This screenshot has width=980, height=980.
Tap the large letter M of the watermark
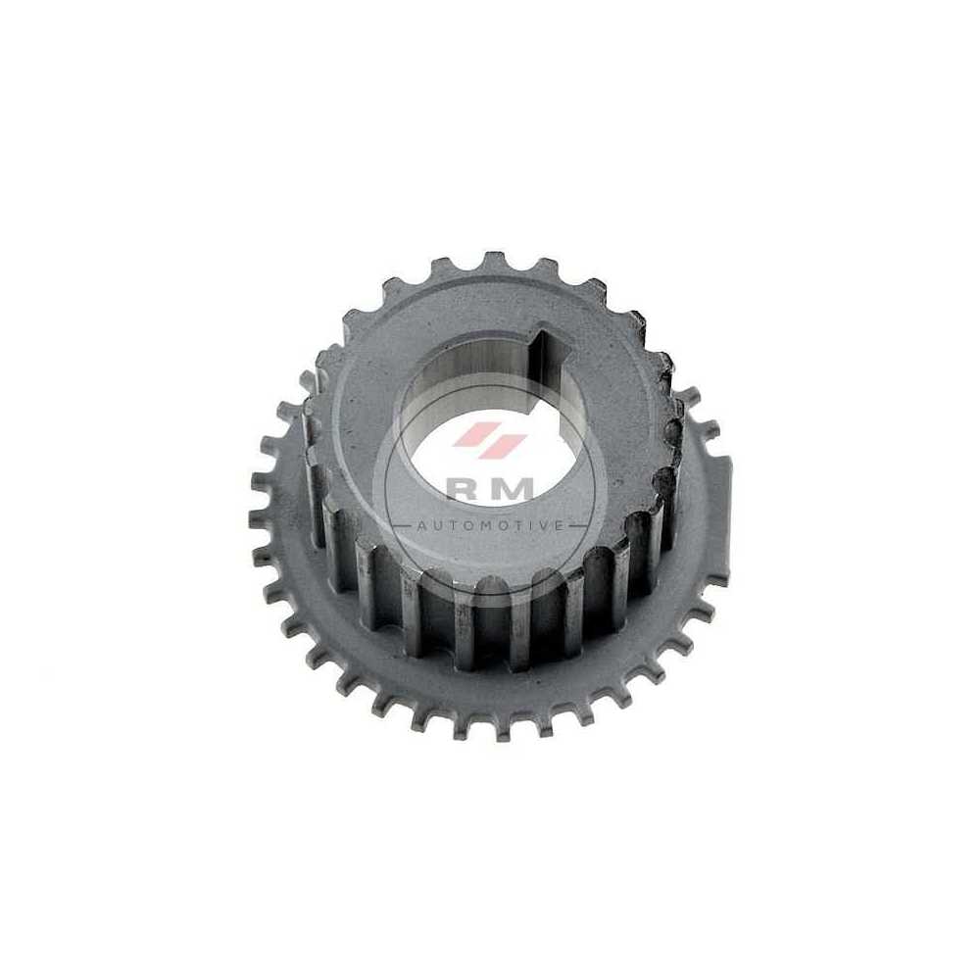coord(515,488)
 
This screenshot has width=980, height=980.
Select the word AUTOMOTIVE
coord(489,525)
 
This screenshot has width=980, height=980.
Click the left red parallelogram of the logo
coord(472,434)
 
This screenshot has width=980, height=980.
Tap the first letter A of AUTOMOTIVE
coord(420,526)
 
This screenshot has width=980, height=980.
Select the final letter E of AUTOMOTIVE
coord(559,526)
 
